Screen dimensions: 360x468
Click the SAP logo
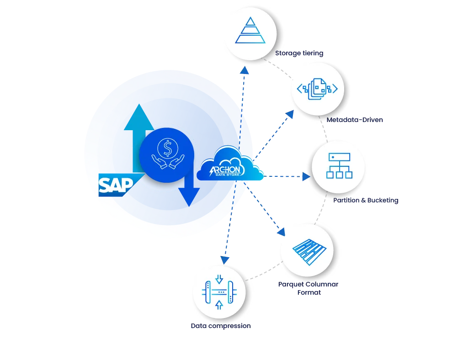(116, 185)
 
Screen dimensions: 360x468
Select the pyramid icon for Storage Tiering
(250, 31)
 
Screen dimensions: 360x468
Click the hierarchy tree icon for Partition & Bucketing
(339, 165)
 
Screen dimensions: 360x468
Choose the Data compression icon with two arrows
(219, 292)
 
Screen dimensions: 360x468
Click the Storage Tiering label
(299, 53)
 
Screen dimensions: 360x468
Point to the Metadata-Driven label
(355, 120)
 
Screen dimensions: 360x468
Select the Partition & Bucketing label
(365, 200)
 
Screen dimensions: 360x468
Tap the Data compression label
(221, 326)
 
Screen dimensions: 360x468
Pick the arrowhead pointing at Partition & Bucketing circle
(305, 176)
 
